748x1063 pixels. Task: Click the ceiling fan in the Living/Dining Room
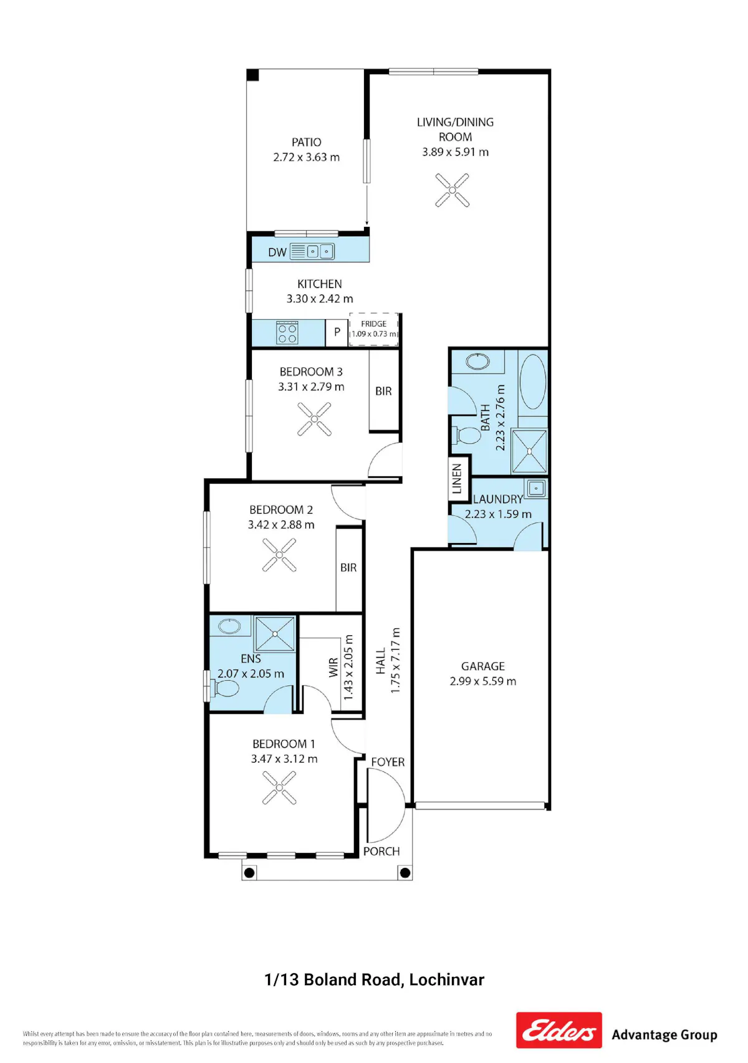pos(452,190)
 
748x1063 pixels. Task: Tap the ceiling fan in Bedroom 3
pos(314,419)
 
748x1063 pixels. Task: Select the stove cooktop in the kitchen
pos(287,332)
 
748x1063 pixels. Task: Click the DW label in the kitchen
pos(277,252)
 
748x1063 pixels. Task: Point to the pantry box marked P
pos(337,332)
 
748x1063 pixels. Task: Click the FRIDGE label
pos(373,324)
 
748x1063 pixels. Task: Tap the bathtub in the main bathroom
pos(533,382)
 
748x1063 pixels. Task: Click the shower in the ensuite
pos(275,634)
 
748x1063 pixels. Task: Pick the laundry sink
pos(536,488)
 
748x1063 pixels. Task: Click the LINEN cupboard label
pos(457,479)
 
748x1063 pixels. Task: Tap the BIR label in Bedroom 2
pos(348,567)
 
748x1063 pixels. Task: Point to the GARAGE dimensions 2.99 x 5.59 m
pos(483,681)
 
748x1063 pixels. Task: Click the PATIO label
pos(307,142)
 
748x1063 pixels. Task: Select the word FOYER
pos(388,762)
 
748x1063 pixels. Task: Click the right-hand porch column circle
pos(405,873)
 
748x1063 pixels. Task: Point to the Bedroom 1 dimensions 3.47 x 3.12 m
pos(284,759)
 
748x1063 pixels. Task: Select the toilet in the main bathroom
pos(467,435)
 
